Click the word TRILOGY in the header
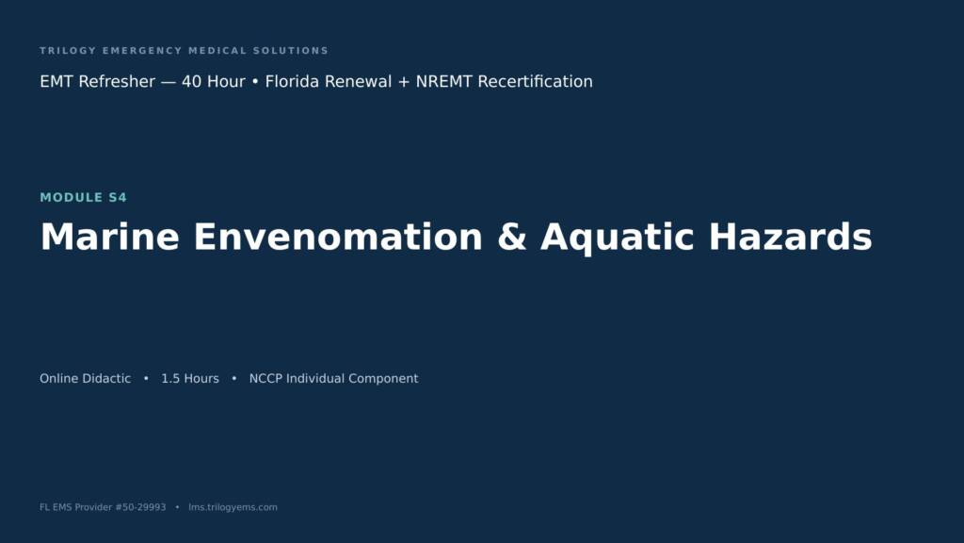click(68, 51)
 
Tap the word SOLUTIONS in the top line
click(291, 51)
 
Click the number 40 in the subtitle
click(192, 81)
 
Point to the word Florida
click(292, 81)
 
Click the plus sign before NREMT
click(403, 82)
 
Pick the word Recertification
click(535, 81)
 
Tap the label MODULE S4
click(84, 198)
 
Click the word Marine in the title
click(110, 237)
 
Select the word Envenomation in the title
click(338, 237)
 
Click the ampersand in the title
click(512, 237)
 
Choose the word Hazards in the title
click(790, 237)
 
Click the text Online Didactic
click(86, 379)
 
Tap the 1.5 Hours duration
click(190, 379)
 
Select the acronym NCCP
click(265, 379)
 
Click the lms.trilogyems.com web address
click(233, 507)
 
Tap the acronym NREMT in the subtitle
click(444, 81)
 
